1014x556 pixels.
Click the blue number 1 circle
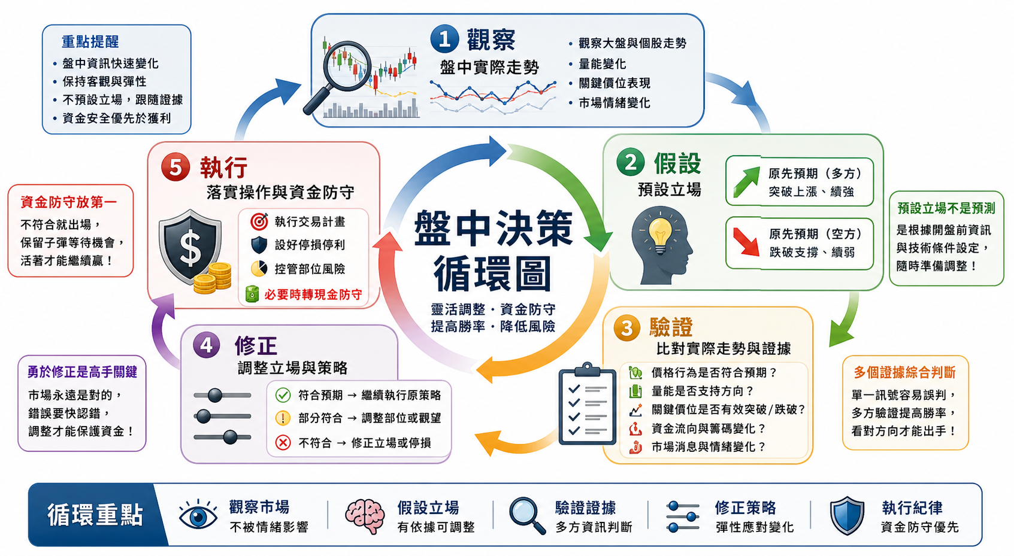click(444, 39)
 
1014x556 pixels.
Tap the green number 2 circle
click(630, 162)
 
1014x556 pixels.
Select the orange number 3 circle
click(627, 327)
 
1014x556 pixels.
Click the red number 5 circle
click(175, 168)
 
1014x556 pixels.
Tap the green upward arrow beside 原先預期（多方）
click(746, 182)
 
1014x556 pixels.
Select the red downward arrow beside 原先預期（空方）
click(746, 242)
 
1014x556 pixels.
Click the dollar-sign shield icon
click(190, 247)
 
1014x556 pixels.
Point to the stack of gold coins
click(212, 278)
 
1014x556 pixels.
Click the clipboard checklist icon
click(587, 404)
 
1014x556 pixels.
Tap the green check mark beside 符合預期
click(283, 395)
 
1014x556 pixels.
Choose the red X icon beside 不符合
click(283, 442)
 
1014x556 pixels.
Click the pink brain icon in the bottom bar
click(365, 516)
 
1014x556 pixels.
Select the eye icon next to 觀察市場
click(198, 515)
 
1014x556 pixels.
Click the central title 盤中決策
click(493, 229)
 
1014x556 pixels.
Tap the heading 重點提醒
click(90, 42)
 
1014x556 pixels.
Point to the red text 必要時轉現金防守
click(313, 294)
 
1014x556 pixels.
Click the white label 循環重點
click(95, 515)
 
